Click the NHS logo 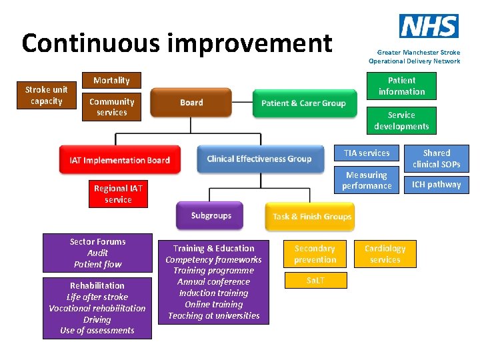coord(429,26)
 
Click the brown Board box coord(191,103)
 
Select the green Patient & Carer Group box coord(303,103)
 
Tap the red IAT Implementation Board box coord(120,160)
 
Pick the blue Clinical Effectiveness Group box coord(259,159)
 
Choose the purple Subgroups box coord(211,215)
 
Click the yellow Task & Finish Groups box coord(312,217)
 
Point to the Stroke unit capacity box coord(46,96)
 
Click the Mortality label coord(111,81)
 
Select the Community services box coord(111,107)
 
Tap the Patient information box coord(401,86)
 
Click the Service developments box coord(401,121)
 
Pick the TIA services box coord(367,153)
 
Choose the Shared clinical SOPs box coord(436,158)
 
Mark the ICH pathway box coord(436,185)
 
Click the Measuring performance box coord(367,180)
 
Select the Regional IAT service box coord(118,194)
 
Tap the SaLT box coord(315,281)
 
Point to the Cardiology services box coord(385,254)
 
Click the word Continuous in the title coord(90,43)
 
